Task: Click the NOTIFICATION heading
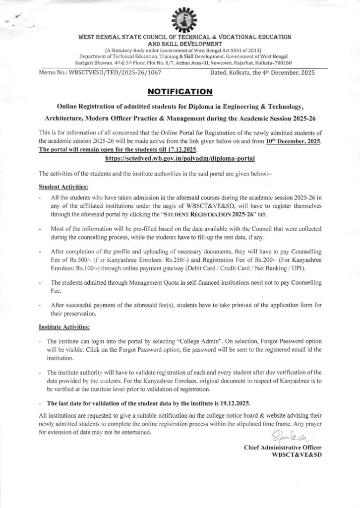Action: (x=180, y=91)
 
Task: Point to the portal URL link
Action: (x=180, y=158)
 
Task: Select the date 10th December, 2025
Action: (x=292, y=142)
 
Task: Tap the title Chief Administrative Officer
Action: (x=283, y=447)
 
